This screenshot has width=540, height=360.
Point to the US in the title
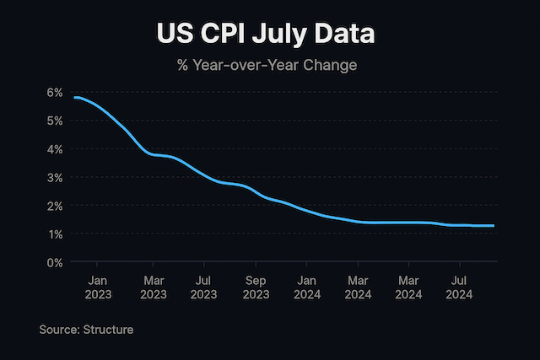pos(175,35)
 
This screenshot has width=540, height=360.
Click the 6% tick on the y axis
pos(55,92)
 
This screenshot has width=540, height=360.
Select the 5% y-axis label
pos(55,121)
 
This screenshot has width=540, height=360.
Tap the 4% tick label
pos(55,149)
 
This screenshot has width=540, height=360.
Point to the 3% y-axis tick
pos(55,177)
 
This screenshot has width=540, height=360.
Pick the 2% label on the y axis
pos(55,206)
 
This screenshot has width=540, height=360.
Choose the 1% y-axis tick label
pos(55,234)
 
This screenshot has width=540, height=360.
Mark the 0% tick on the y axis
pos(55,262)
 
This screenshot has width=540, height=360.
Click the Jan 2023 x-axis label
pos(99,287)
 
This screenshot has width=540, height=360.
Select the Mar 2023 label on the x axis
pos(154,287)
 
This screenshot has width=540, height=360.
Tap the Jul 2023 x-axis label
pos(203,287)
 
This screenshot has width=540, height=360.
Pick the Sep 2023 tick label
pos(256,287)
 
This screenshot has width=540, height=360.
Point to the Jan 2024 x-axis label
pos(307,287)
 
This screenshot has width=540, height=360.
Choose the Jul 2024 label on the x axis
pos(459,287)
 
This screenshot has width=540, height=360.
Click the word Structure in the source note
pos(108,330)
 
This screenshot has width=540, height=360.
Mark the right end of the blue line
pos(494,226)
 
